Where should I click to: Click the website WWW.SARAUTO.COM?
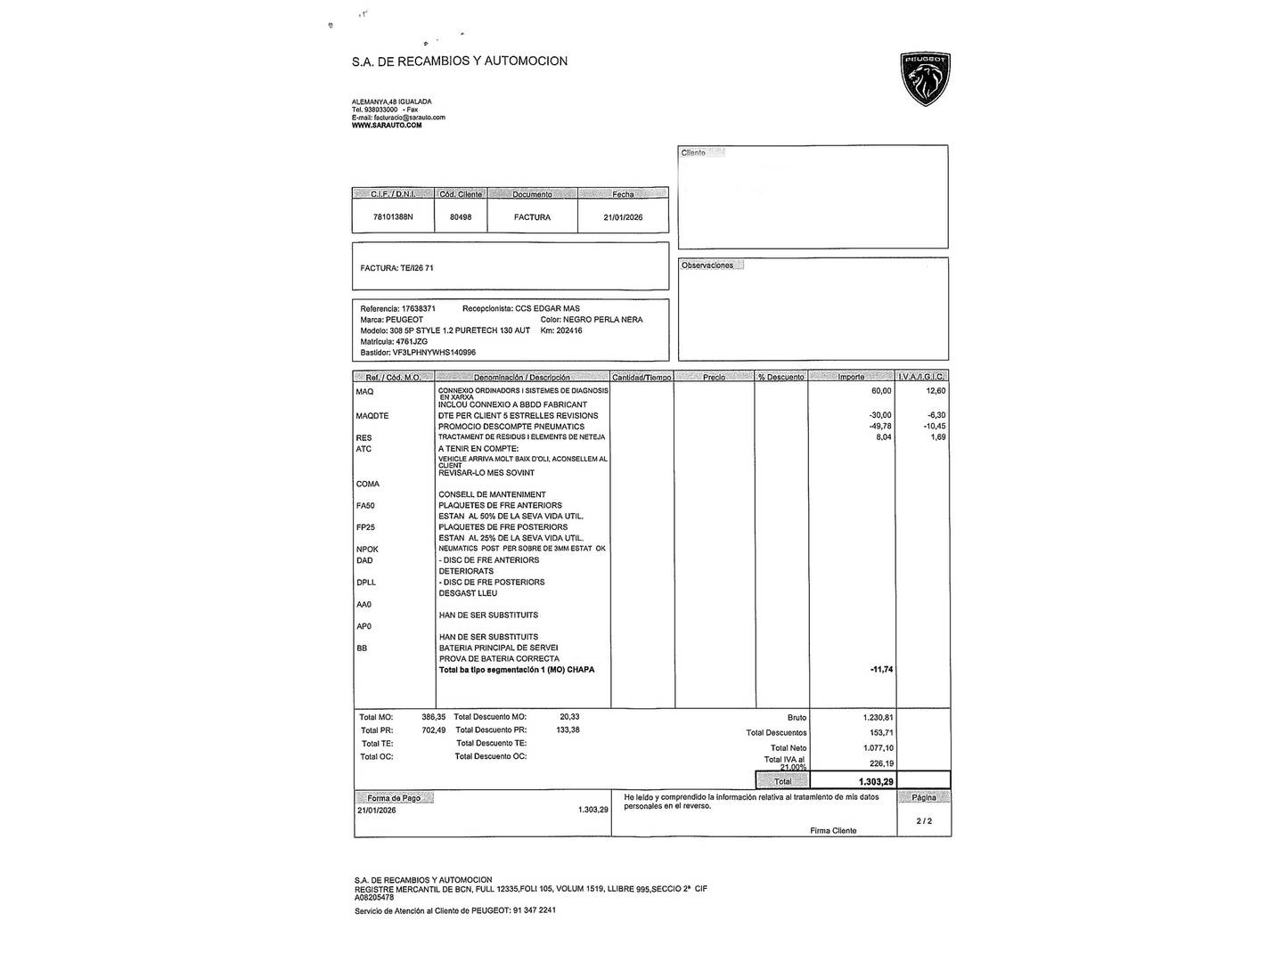coord(387,126)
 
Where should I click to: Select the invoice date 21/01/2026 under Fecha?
coord(623,217)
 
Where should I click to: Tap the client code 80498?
coord(461,217)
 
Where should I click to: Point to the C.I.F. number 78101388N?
coord(393,217)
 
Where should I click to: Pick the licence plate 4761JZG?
coord(412,341)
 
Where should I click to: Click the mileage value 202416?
coord(568,330)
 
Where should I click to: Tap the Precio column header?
coord(714,378)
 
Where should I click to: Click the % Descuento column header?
coord(780,378)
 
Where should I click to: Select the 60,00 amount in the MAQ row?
coord(880,391)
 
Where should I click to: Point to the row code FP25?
coord(365,527)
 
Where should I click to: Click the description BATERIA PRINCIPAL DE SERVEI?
coord(499,648)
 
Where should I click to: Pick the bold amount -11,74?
coord(881,670)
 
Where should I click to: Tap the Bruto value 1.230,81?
coord(878,717)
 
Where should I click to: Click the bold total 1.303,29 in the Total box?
coord(876,781)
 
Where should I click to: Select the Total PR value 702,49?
coord(433,730)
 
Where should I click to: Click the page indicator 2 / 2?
coord(924,821)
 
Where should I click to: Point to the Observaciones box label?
coord(707,265)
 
